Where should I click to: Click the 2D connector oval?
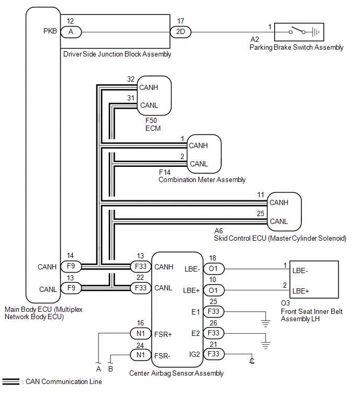[x=181, y=32]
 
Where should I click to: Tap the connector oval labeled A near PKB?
[x=71, y=32]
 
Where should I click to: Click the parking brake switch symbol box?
[x=299, y=32]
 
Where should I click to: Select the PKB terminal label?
[x=50, y=31]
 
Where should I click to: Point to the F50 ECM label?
[x=153, y=124]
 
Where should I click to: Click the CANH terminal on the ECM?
[x=149, y=87]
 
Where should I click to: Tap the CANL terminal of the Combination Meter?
[x=199, y=164]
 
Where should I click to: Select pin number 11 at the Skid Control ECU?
[x=261, y=195]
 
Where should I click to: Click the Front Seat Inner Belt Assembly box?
[x=314, y=279]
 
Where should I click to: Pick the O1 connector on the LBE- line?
[x=213, y=268]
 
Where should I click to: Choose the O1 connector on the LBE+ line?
[x=213, y=290]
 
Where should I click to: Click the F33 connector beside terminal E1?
[x=213, y=312]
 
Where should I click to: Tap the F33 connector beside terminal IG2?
[x=213, y=354]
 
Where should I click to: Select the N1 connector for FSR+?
[x=141, y=334]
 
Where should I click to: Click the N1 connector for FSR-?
[x=141, y=355]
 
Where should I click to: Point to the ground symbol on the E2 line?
[x=265, y=345]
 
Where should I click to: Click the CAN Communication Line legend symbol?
[x=11, y=381]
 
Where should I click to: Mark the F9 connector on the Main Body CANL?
[x=71, y=288]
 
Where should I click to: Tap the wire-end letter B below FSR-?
[x=110, y=369]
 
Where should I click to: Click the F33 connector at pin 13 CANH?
[x=141, y=266]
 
